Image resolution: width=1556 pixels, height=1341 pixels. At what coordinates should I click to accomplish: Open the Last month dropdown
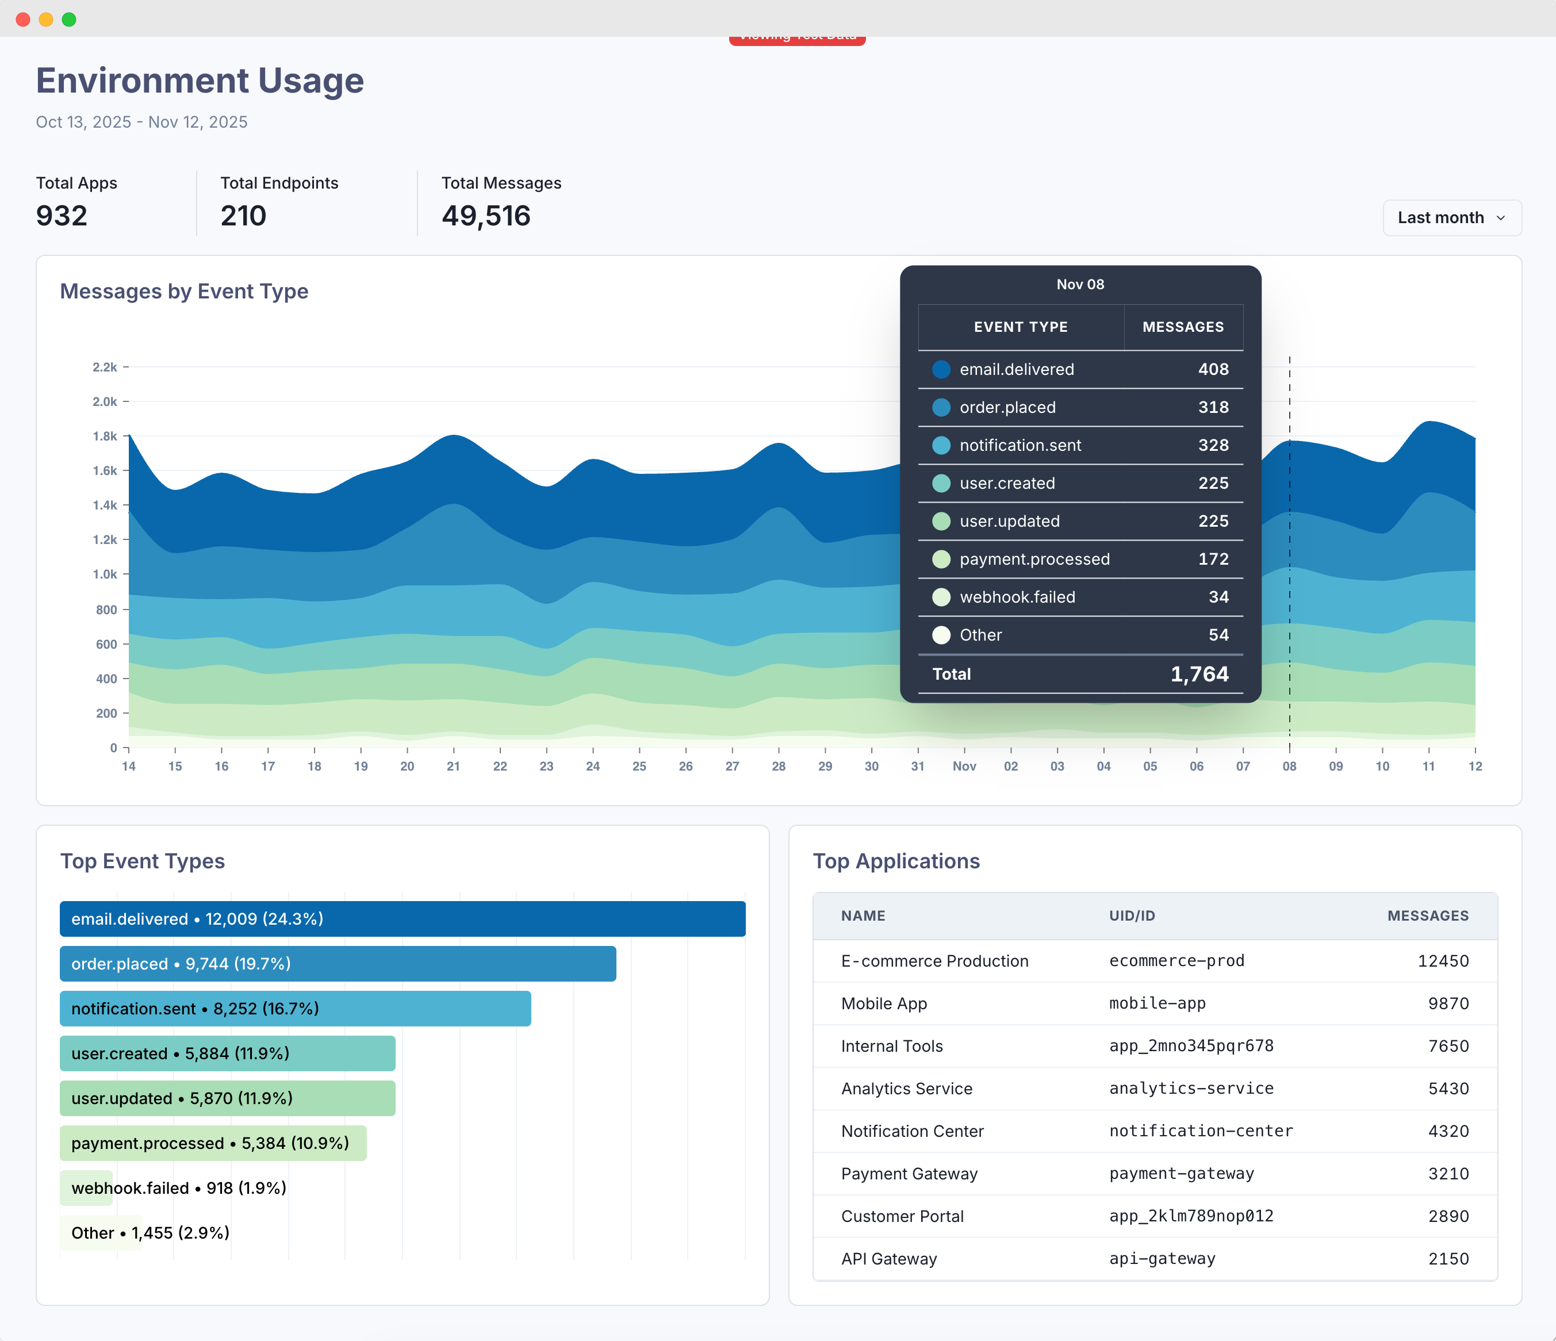pyautogui.click(x=1451, y=218)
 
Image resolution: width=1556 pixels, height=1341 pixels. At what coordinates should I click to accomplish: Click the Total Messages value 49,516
pyautogui.click(x=486, y=216)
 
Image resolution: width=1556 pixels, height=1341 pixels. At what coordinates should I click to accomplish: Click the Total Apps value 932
pyautogui.click(x=62, y=216)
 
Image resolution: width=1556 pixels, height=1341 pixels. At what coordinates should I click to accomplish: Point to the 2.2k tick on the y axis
pyautogui.click(x=105, y=367)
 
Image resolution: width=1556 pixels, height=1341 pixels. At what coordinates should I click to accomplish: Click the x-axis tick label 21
pyautogui.click(x=453, y=766)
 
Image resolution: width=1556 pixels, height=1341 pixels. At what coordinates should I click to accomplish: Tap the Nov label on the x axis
pyautogui.click(x=964, y=766)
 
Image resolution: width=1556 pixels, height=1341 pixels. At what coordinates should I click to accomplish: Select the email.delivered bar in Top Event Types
pyautogui.click(x=402, y=918)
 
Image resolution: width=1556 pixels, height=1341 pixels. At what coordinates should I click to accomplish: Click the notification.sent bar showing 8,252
pyautogui.click(x=295, y=1009)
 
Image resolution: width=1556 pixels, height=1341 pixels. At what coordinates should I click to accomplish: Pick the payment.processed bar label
pyautogui.click(x=210, y=1143)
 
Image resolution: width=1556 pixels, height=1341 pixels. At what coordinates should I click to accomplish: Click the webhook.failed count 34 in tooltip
pyautogui.click(x=1218, y=597)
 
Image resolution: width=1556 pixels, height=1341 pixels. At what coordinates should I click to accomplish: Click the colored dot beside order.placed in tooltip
pyautogui.click(x=941, y=407)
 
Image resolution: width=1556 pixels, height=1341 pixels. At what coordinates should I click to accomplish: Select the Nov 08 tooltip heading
pyautogui.click(x=1080, y=285)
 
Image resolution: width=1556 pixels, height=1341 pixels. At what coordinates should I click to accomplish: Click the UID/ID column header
pyautogui.click(x=1132, y=915)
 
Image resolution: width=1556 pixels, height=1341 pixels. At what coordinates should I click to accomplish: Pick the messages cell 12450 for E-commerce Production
pyautogui.click(x=1443, y=961)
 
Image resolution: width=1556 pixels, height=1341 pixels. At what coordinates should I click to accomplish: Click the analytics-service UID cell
pyautogui.click(x=1191, y=1088)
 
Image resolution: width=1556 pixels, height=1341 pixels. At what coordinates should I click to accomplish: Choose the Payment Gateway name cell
pyautogui.click(x=909, y=1174)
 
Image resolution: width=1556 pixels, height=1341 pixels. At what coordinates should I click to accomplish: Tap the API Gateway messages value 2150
pyautogui.click(x=1448, y=1258)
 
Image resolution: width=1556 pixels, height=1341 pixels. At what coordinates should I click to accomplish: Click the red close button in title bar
pyautogui.click(x=22, y=20)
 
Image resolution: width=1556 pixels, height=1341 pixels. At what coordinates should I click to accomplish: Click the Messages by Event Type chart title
pyautogui.click(x=184, y=292)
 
